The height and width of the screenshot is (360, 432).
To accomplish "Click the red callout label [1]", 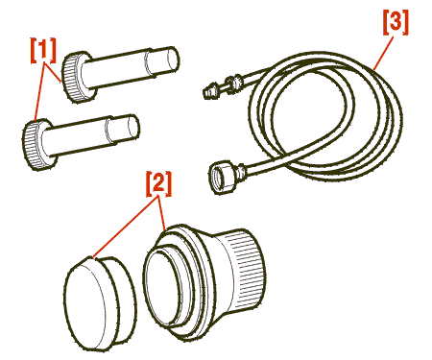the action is [x=43, y=51].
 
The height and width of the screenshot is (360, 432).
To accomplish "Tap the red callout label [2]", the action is [x=158, y=183].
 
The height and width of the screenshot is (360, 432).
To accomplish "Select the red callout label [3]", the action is [x=396, y=22].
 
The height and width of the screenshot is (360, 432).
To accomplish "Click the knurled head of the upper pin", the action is [x=74, y=77].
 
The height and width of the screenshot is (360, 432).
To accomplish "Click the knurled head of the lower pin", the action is [x=34, y=144].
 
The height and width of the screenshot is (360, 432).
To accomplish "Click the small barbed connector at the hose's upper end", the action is [x=211, y=90].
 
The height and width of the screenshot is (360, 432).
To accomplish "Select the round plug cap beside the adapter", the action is [x=100, y=302].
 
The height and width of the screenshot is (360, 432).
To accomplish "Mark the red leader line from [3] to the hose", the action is [x=383, y=52].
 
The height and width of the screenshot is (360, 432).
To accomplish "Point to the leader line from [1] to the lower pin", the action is [x=39, y=91].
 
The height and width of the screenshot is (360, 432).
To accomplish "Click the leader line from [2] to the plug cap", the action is [x=126, y=227].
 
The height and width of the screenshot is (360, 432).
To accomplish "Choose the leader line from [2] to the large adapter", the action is [x=162, y=213].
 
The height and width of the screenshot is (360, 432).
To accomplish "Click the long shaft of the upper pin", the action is [x=116, y=69].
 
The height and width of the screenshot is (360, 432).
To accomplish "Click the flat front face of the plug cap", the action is [x=84, y=304].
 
